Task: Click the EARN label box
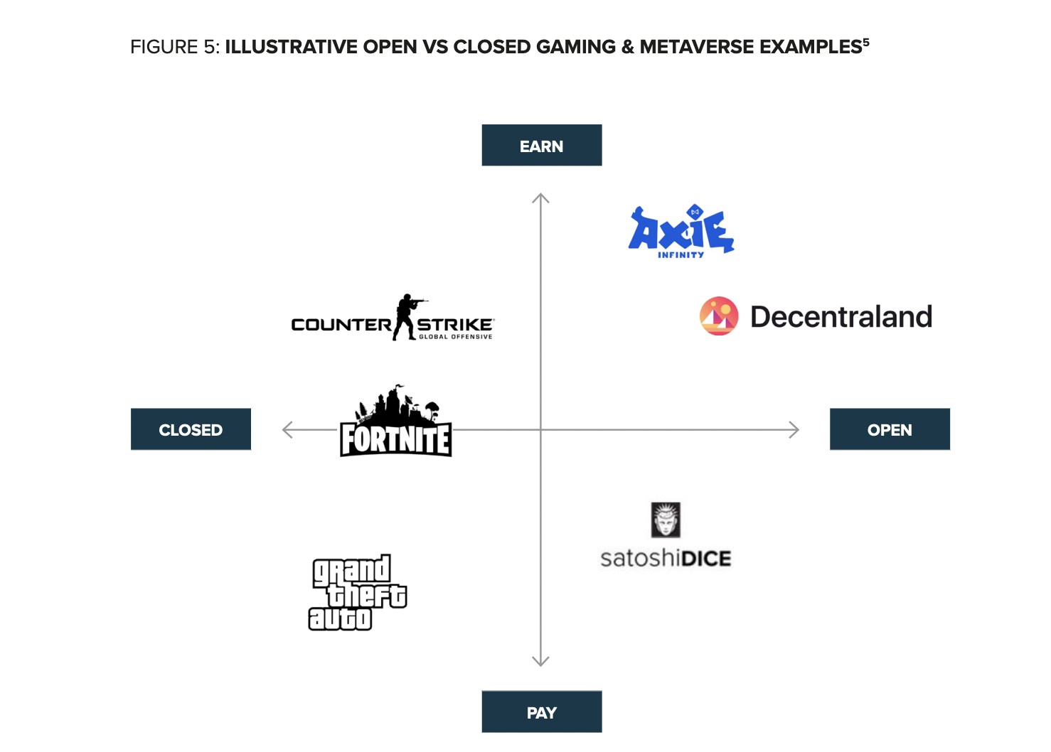tap(541, 146)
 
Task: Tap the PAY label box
tap(541, 712)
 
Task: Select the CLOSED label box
tap(191, 429)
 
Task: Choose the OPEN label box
tap(890, 429)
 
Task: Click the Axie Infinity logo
tap(681, 232)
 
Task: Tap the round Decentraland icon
tap(719, 316)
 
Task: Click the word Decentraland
tap(841, 317)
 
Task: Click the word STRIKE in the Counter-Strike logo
tap(454, 325)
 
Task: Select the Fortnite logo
tap(395, 423)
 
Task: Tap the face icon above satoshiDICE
tap(666, 520)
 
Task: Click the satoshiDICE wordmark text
tap(666, 559)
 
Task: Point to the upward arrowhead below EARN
tap(540, 197)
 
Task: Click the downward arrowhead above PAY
tap(540, 662)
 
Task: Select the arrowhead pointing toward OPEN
tap(795, 429)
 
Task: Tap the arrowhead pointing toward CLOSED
tap(286, 429)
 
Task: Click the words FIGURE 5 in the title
tap(174, 47)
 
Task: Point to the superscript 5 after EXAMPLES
tap(866, 42)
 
